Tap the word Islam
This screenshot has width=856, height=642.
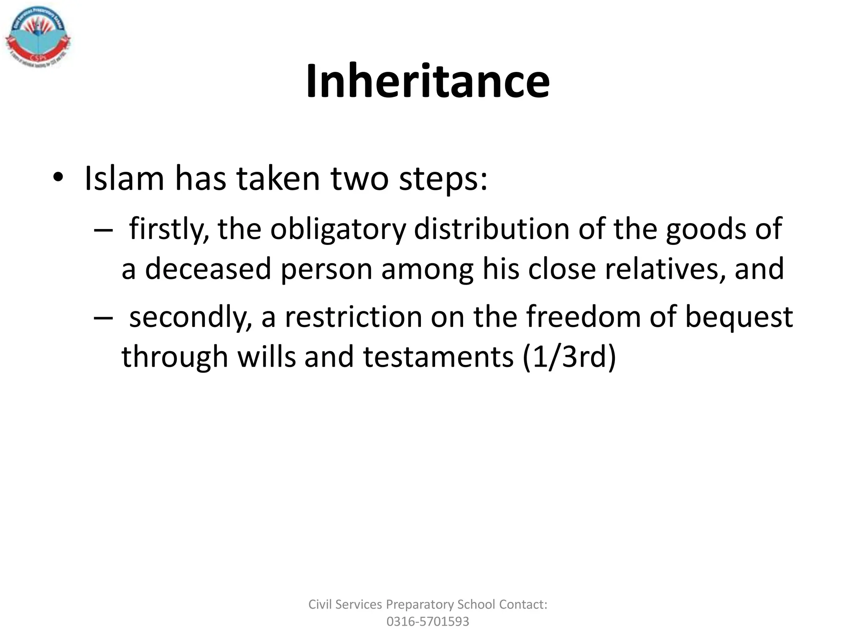click(x=124, y=179)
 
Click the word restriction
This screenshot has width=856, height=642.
click(x=353, y=317)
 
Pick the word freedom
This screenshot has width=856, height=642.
click(x=583, y=317)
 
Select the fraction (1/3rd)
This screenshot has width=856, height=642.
click(x=569, y=357)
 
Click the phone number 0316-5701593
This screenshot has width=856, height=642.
click(x=428, y=622)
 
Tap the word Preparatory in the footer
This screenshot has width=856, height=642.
click(x=420, y=605)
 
